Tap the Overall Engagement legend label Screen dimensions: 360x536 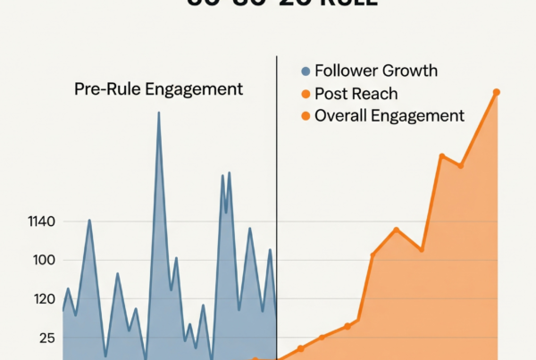click(389, 115)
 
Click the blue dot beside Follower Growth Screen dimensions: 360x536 click(306, 71)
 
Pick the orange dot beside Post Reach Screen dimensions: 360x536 click(306, 93)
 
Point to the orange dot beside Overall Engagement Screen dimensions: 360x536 click(306, 115)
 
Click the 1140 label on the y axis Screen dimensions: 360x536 click(41, 222)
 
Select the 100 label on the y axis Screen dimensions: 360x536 click(45, 260)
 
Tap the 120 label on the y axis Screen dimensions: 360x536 click(45, 299)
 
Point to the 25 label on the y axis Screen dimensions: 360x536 click(46, 338)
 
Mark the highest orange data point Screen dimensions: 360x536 click(497, 92)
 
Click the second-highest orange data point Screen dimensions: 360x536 click(442, 156)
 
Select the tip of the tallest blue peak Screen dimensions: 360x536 click(159, 114)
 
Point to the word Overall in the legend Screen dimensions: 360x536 click(342, 115)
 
